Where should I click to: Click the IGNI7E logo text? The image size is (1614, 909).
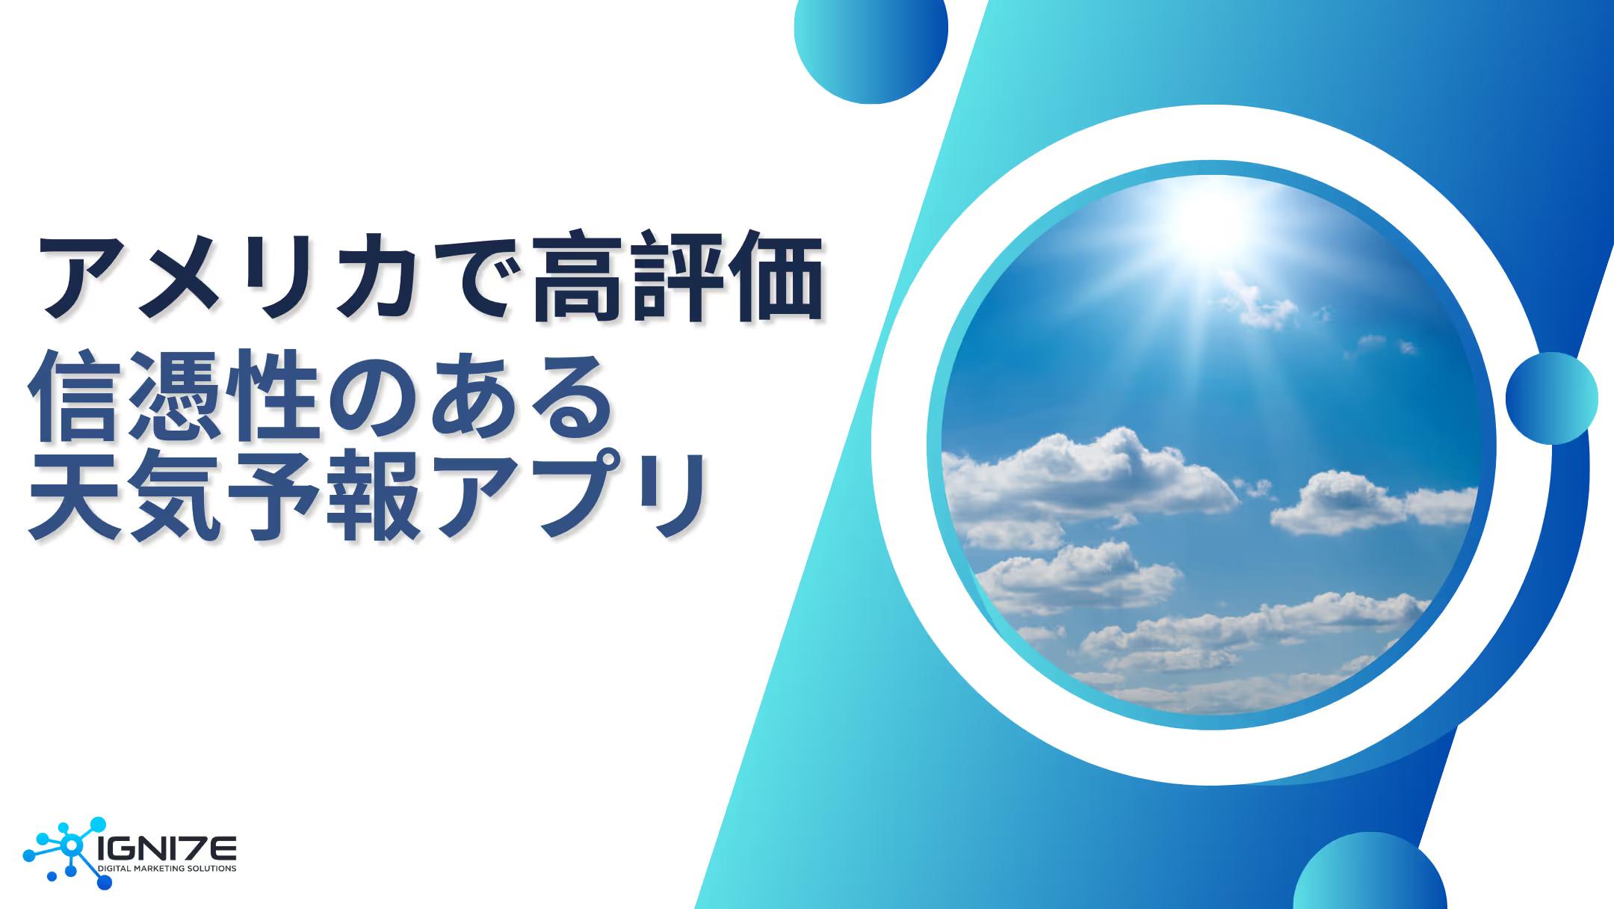pos(167,849)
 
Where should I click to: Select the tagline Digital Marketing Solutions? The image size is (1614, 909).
pos(167,869)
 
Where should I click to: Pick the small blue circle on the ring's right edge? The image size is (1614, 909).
pos(1551,398)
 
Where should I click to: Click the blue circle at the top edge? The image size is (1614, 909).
pos(871,41)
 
